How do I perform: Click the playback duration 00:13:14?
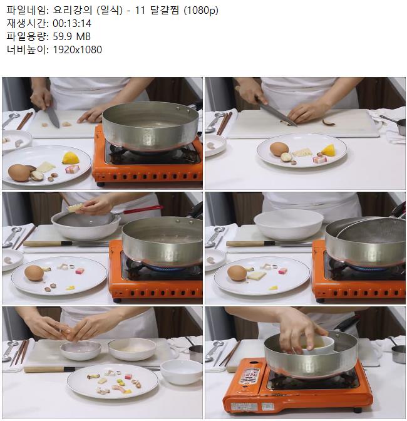72,24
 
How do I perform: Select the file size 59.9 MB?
71,36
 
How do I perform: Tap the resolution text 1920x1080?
77,49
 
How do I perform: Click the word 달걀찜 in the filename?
165,11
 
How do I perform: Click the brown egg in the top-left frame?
19,173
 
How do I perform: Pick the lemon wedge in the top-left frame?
71,158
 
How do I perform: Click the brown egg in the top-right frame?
279,149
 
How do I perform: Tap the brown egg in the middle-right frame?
237,273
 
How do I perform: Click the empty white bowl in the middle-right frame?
289,225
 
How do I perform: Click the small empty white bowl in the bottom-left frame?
181,372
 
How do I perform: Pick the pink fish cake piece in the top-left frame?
73,169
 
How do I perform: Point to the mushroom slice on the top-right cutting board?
329,123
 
